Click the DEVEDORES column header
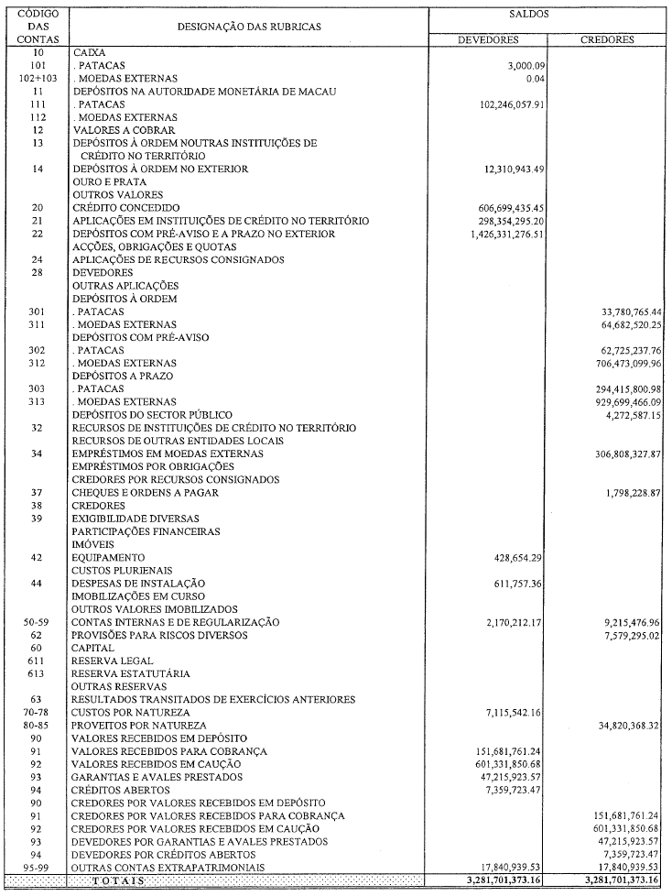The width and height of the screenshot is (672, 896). [489, 40]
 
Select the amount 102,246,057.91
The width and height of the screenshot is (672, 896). [500, 104]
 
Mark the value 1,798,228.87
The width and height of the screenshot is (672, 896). [627, 493]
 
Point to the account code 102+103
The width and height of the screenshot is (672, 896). [38, 79]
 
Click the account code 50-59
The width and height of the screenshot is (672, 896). [38, 622]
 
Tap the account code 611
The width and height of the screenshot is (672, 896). [38, 661]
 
